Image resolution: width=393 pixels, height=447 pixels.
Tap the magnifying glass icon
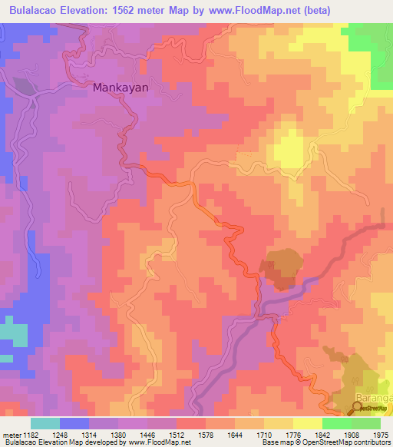pos(358,408)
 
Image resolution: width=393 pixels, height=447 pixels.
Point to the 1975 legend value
pos(380,435)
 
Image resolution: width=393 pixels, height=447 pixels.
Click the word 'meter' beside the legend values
pos(10,435)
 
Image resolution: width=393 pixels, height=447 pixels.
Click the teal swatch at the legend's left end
pos(45,423)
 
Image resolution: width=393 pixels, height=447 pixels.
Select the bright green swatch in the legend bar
pos(336,423)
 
